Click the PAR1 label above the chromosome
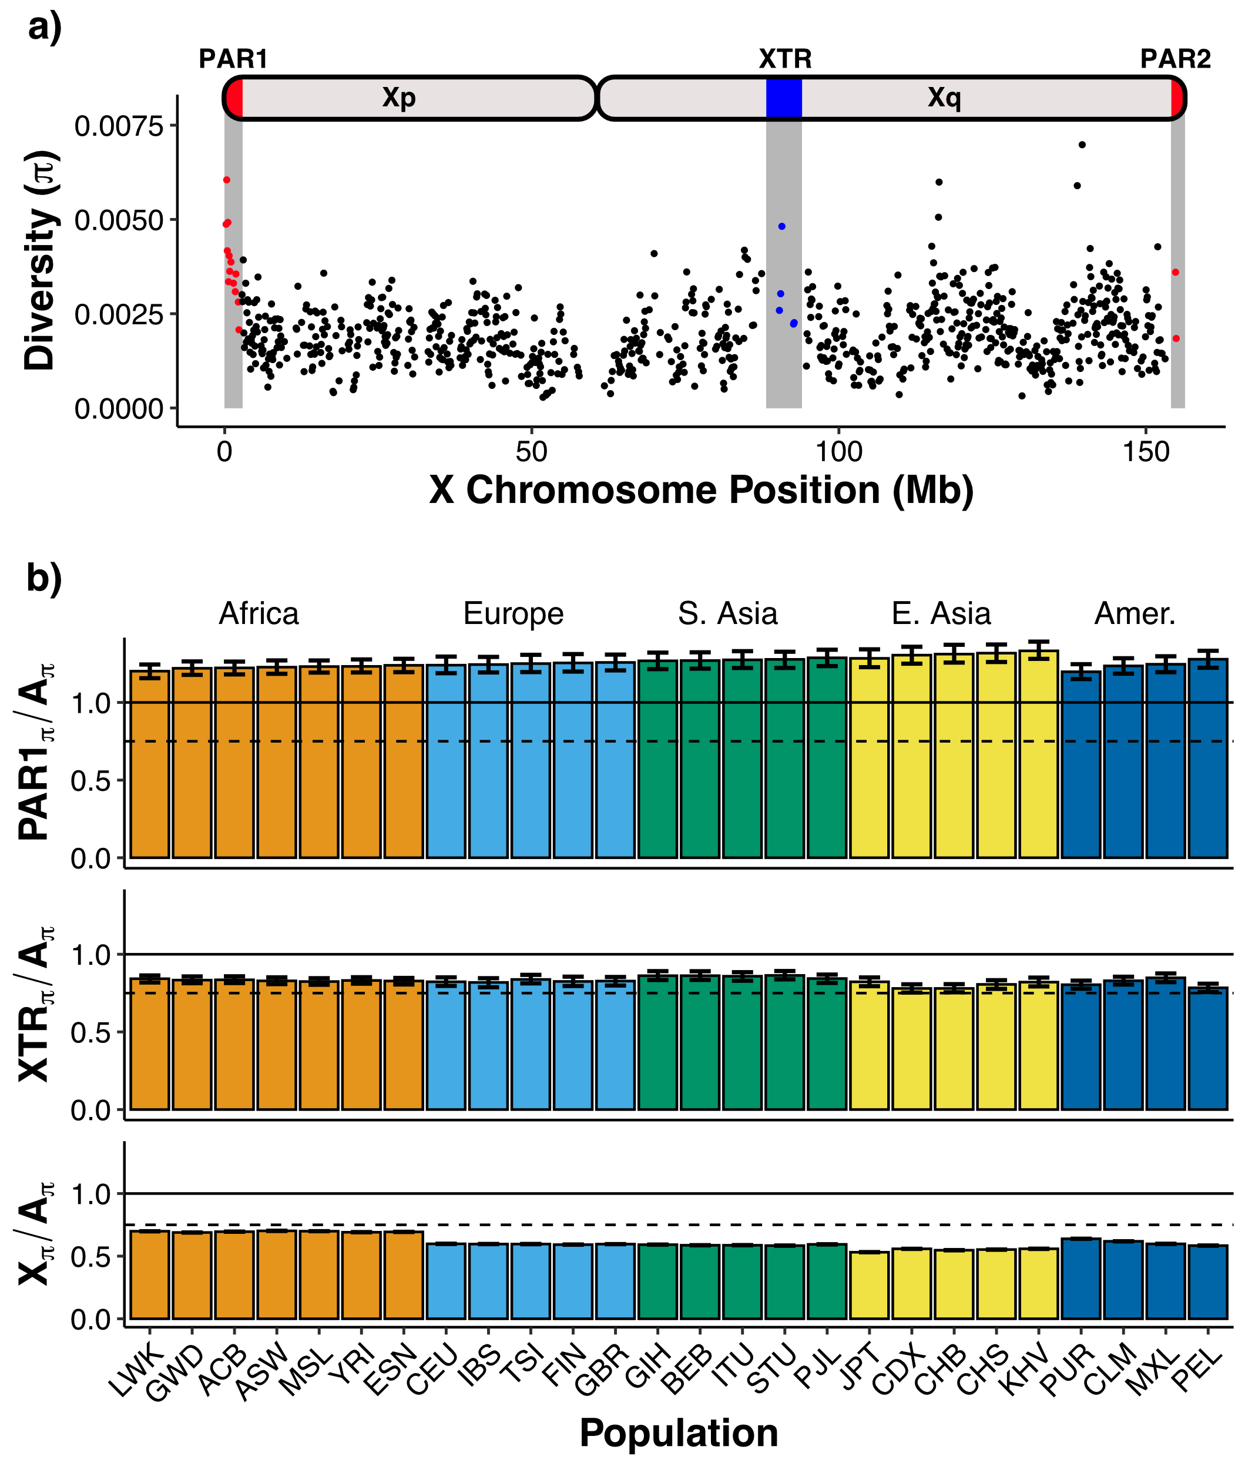233,59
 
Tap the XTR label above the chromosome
785,59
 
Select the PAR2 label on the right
1175,59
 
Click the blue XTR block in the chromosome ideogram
783,98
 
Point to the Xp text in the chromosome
399,98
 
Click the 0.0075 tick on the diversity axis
119,126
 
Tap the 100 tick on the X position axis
838,452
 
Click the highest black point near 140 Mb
1081,145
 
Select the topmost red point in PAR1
227,180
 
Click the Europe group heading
513,614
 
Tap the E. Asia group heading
941,614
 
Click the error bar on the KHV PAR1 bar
1038,650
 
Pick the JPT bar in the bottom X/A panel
869,1284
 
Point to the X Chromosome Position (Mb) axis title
701,490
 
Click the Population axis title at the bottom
678,1432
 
